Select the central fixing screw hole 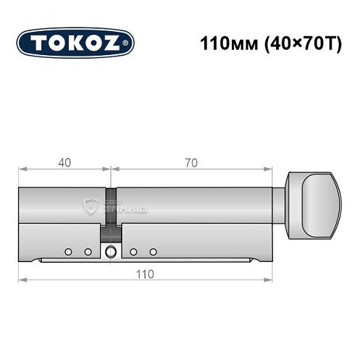(x=110, y=252)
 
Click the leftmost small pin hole (x=67, y=252)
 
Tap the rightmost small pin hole (x=154, y=252)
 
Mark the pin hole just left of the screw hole (x=88, y=252)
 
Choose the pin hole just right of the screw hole (x=134, y=252)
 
